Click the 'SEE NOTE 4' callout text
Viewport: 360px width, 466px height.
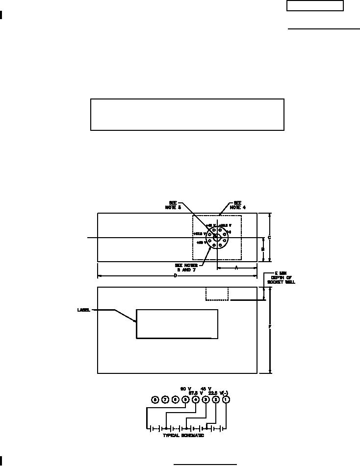click(x=238, y=205)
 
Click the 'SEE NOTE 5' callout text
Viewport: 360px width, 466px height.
click(x=173, y=205)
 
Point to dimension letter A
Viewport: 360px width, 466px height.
click(x=236, y=268)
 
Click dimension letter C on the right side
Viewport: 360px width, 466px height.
click(x=269, y=238)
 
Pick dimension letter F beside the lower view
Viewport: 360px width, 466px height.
click(x=269, y=326)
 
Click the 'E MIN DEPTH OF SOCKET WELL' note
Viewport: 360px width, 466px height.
click(x=281, y=278)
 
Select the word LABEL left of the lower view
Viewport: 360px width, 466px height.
click(x=84, y=310)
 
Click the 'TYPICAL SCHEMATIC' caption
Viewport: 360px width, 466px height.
click(x=183, y=436)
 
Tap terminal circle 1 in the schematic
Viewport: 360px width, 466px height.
click(x=226, y=399)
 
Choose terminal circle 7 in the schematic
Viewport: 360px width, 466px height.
click(x=165, y=399)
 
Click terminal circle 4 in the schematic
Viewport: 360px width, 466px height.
click(x=195, y=399)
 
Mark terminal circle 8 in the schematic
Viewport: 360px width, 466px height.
click(x=155, y=399)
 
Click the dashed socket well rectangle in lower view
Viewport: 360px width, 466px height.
click(x=217, y=294)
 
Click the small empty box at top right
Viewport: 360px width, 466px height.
click(x=315, y=6)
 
